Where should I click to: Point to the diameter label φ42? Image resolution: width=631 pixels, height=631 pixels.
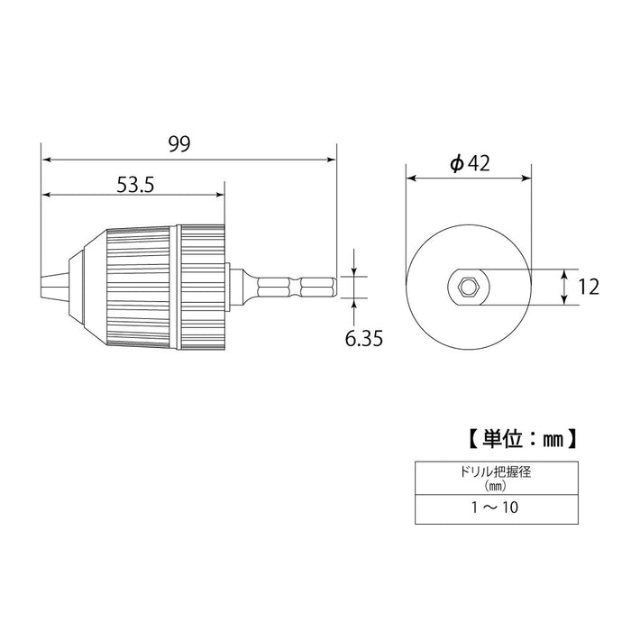pyautogui.click(x=469, y=163)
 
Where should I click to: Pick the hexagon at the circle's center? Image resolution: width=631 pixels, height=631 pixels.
pyautogui.click(x=468, y=288)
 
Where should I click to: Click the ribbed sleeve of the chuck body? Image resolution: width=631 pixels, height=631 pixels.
pyautogui.click(x=144, y=288)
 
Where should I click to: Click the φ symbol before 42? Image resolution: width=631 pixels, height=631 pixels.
pyautogui.click(x=455, y=163)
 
